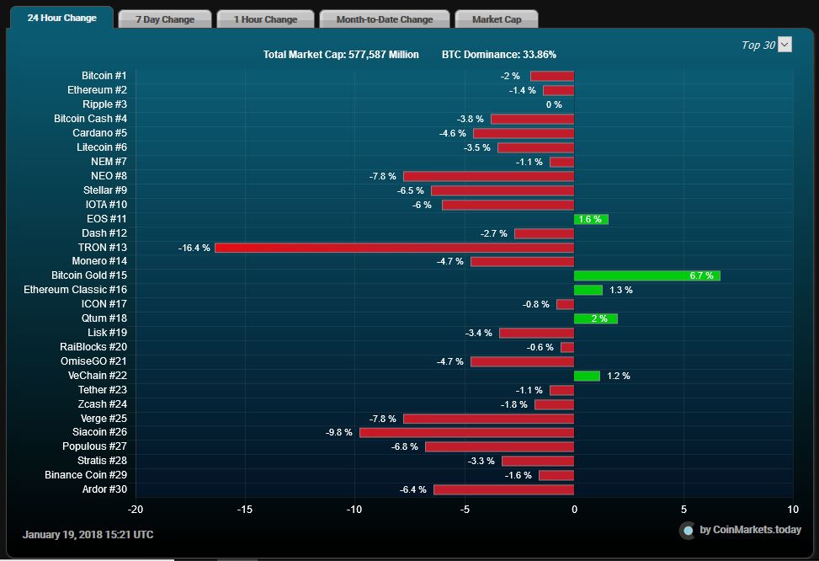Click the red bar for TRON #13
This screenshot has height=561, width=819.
[394, 248]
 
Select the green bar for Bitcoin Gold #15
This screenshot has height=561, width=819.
[646, 275]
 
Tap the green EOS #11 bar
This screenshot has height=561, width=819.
[591, 219]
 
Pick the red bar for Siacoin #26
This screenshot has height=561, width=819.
[466, 432]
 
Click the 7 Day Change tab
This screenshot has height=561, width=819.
[165, 19]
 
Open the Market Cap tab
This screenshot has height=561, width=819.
[496, 19]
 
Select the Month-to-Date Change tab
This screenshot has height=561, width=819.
[384, 19]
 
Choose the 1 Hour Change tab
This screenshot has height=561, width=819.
[265, 19]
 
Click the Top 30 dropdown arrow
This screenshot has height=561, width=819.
[784, 45]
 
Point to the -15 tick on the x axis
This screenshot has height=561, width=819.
[245, 510]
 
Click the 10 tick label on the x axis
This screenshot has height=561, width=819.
[793, 510]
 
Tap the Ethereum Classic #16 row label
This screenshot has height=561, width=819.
[75, 290]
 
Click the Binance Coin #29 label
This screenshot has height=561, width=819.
[86, 475]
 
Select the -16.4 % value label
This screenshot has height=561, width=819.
[194, 248]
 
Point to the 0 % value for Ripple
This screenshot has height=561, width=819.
[554, 104]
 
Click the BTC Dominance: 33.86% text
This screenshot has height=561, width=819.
[498, 55]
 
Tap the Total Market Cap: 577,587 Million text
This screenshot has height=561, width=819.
[341, 55]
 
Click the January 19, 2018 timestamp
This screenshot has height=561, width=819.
[88, 535]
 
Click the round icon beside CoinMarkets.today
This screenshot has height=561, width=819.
[688, 530]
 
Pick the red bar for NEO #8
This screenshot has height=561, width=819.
[488, 176]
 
